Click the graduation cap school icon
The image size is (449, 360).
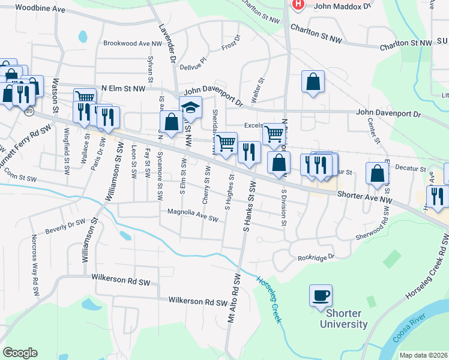coord(190,108)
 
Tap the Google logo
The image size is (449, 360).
coord(20,352)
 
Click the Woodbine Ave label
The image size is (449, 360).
coord(40,9)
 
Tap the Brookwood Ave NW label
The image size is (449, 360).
coord(133,43)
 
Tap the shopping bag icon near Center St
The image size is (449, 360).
coord(377,174)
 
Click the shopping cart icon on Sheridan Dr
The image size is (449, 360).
coord(226,143)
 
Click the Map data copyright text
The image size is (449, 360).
coord(424,355)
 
